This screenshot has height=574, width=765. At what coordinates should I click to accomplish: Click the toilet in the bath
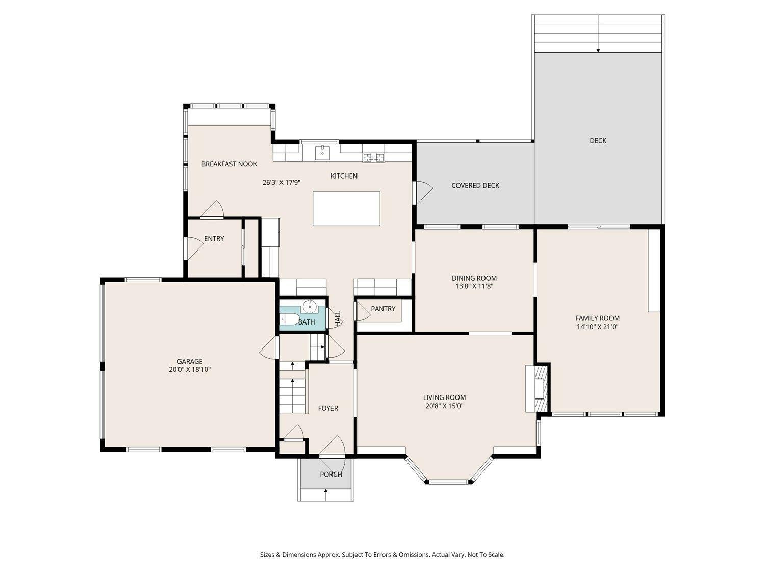289,318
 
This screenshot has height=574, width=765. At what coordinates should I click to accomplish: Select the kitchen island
346,208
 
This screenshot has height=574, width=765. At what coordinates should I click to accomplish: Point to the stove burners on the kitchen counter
374,158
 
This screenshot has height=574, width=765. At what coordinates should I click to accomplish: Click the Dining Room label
474,278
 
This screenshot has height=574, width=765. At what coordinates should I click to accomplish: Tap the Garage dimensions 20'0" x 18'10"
190,370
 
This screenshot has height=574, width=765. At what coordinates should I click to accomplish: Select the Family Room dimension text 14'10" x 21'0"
597,327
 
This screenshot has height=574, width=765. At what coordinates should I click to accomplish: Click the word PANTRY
383,309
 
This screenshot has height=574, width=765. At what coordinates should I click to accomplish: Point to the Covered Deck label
475,186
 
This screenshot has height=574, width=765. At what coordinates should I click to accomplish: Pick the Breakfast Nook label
229,164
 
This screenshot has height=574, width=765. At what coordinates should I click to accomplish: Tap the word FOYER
328,408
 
